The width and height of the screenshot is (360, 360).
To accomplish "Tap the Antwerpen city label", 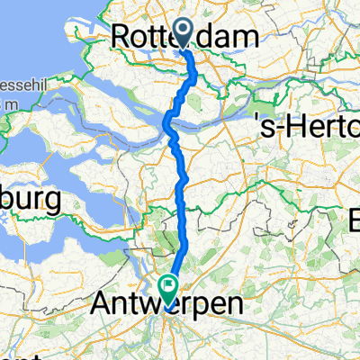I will pos(167,304).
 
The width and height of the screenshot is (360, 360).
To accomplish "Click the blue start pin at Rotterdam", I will pos(184,35).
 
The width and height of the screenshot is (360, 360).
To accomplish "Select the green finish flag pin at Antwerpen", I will pos(167,286).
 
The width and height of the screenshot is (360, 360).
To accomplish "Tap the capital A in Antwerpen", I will pos(102,304).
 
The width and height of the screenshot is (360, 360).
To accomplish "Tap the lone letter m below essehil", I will pos(5,104).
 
